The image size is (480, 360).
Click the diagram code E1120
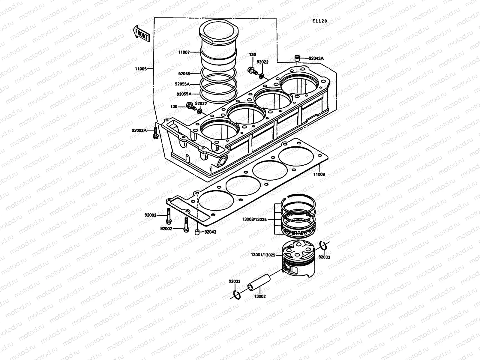click(x=319, y=21)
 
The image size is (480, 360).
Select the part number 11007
click(x=192, y=52)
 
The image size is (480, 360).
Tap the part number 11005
click(x=141, y=69)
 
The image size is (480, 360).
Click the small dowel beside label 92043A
click(x=297, y=58)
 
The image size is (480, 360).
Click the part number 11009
click(x=319, y=174)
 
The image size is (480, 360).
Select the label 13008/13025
click(x=258, y=219)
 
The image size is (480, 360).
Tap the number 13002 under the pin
click(x=260, y=296)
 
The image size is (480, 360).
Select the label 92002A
click(x=139, y=130)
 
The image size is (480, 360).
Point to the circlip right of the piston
click(x=323, y=246)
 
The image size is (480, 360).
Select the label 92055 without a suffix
click(x=184, y=73)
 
